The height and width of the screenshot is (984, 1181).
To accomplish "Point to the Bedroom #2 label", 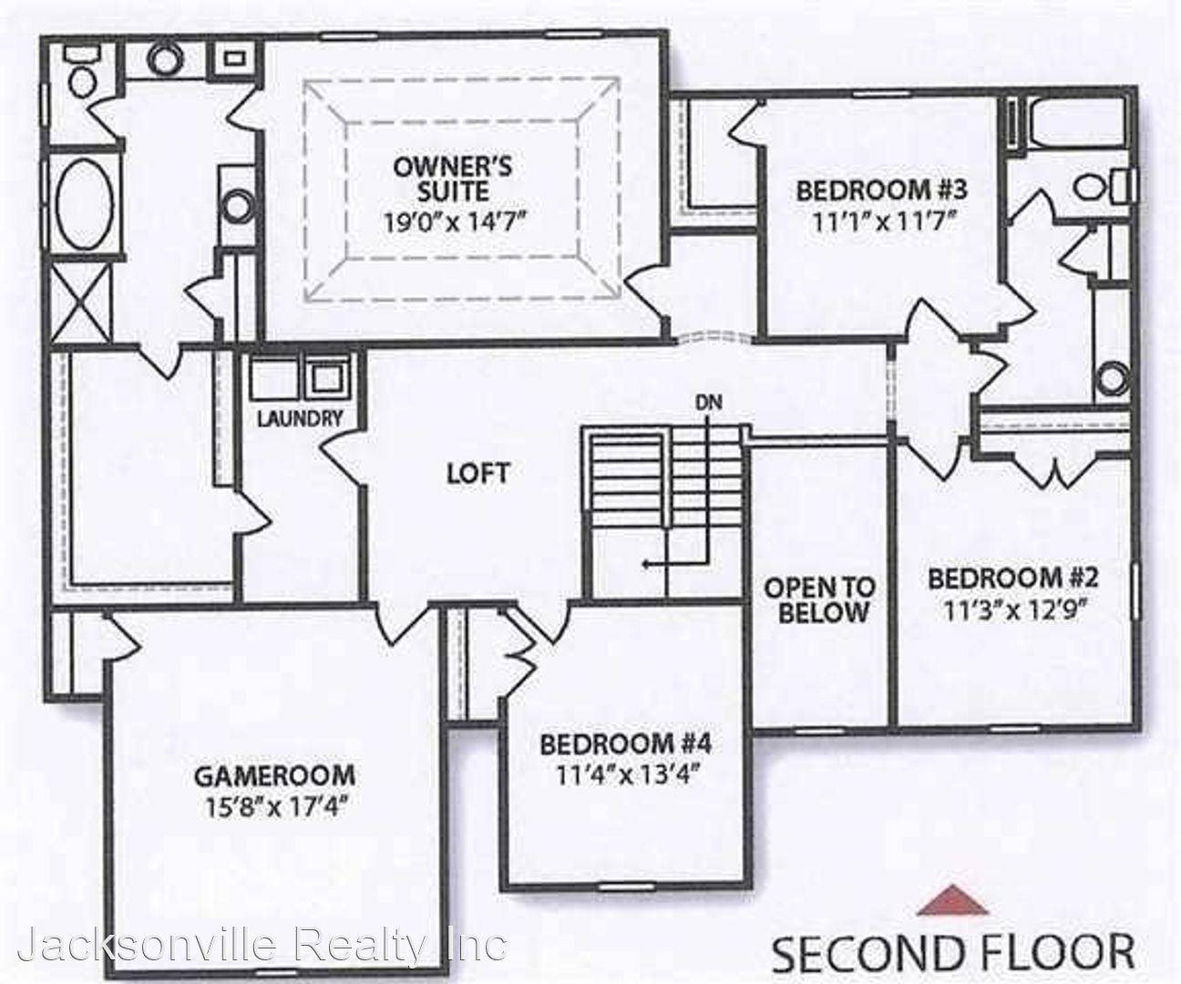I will pos(1013,578).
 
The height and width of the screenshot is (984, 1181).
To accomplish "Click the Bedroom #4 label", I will pos(625,743).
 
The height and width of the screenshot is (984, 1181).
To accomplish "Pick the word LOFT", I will pos(478,473).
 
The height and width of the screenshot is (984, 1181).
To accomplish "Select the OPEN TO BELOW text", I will pos(818,600).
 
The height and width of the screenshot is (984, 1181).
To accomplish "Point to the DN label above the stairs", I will pos(706,401).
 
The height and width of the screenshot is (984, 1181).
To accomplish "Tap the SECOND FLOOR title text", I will pos(952,951).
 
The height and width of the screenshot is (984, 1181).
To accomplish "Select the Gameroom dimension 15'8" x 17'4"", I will pos(273,807).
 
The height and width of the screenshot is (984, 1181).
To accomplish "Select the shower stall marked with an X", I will pos(78,301).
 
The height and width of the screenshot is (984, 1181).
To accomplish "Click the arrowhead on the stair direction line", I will pos(645,565).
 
